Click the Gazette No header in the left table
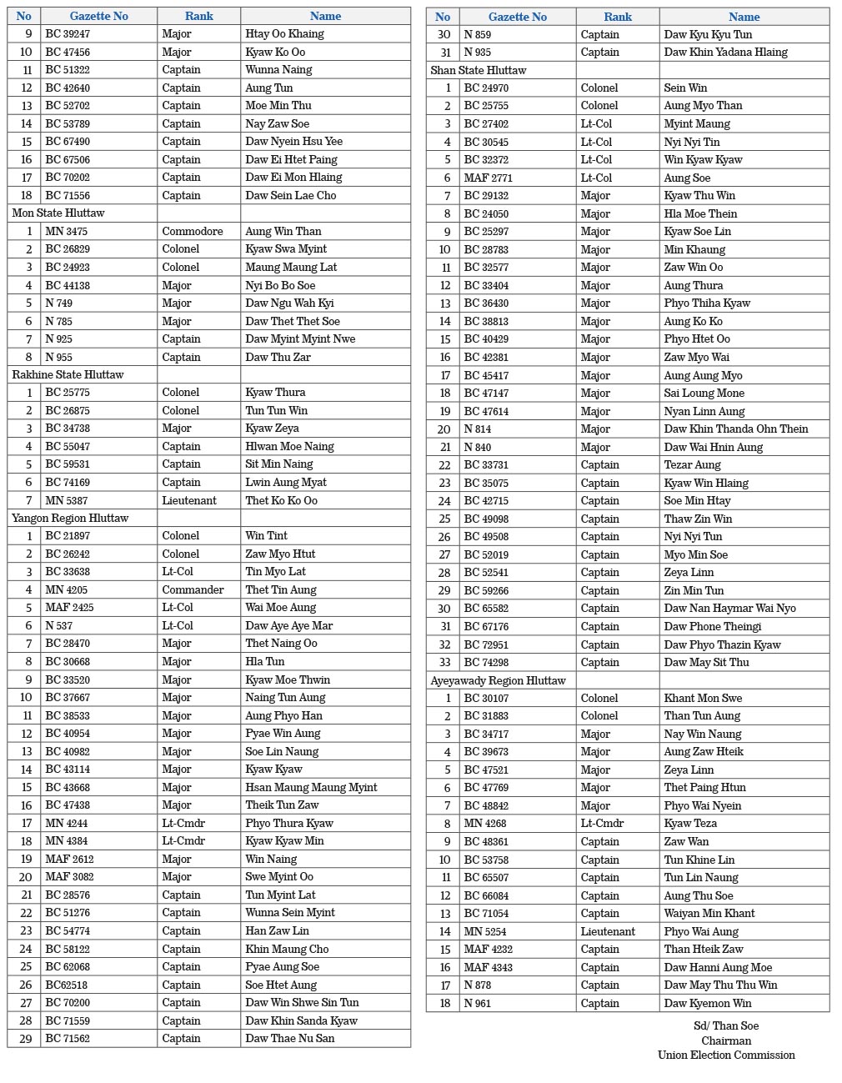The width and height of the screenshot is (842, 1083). (x=98, y=16)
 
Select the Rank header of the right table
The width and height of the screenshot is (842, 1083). (x=618, y=17)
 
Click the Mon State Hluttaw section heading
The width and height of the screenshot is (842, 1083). (x=58, y=213)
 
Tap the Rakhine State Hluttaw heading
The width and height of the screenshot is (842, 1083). (x=68, y=374)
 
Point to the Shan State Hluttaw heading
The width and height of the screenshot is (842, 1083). (x=479, y=70)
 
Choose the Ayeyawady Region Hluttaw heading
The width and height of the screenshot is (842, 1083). (x=498, y=680)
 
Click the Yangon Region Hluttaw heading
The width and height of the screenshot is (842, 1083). (x=70, y=518)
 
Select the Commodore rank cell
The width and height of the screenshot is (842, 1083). (x=193, y=231)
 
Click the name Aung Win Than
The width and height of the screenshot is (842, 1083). (x=283, y=231)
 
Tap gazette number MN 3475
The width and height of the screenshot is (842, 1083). (x=67, y=231)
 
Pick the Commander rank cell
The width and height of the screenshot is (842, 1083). (x=193, y=589)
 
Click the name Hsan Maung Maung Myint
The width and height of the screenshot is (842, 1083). (x=311, y=787)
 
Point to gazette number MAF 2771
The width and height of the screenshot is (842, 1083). (x=489, y=178)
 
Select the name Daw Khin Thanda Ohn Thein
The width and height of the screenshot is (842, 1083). (x=736, y=429)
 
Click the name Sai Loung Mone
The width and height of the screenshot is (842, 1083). (x=704, y=393)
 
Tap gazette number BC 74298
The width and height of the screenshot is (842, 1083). (x=486, y=662)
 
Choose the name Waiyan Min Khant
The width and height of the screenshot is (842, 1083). (x=709, y=913)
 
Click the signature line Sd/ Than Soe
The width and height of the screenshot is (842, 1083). (x=726, y=1025)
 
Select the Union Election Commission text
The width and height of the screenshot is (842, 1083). (x=726, y=1055)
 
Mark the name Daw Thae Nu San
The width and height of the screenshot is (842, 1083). (x=290, y=1038)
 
